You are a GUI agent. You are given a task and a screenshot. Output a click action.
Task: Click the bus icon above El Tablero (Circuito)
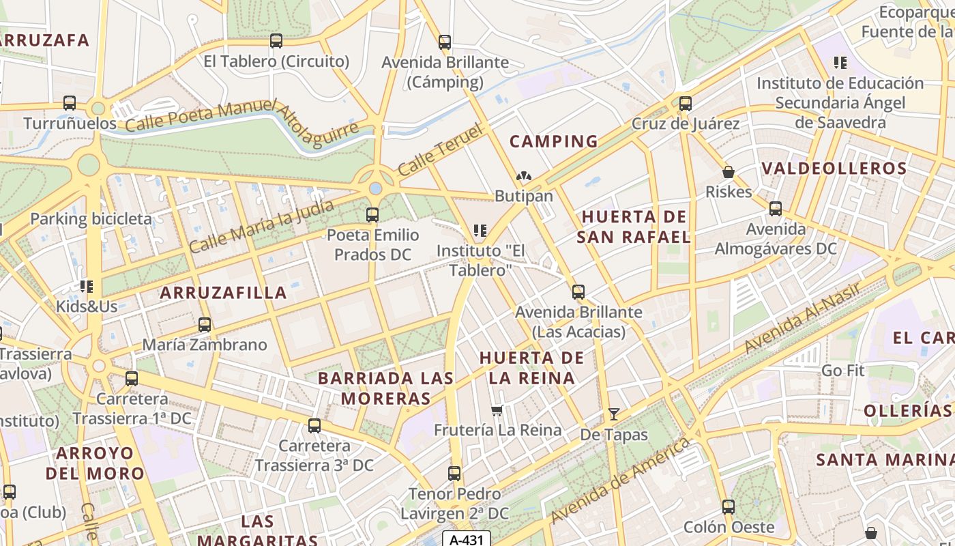tap(276, 41)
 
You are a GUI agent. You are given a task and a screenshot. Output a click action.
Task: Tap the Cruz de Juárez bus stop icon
tap(686, 104)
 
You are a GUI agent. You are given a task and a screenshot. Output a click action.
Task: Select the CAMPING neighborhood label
tap(554, 142)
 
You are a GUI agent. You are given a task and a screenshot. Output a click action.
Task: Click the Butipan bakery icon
tap(524, 176)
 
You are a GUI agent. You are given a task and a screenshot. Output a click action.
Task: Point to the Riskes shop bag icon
tap(729, 172)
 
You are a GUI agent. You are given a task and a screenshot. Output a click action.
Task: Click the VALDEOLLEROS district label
tap(834, 169)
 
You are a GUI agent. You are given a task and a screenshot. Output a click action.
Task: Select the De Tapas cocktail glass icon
tap(614, 414)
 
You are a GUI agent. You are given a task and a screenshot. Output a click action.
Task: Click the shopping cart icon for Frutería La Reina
tap(498, 410)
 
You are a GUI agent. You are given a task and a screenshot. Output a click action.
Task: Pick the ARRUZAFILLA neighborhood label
tap(223, 293)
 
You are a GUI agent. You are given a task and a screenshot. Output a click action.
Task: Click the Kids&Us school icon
tap(87, 287)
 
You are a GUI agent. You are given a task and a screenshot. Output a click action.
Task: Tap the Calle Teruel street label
tap(441, 150)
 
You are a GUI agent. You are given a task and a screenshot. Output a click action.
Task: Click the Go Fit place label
tap(842, 371)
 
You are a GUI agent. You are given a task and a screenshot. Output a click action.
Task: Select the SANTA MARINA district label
tap(885, 459)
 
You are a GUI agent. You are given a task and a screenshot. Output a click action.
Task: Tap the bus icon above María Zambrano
tap(205, 325)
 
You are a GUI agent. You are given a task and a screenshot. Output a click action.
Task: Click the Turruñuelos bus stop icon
tap(70, 103)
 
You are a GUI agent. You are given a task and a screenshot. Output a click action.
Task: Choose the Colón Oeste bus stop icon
tap(729, 507)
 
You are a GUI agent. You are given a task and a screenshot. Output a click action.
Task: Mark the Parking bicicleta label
tap(91, 219)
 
